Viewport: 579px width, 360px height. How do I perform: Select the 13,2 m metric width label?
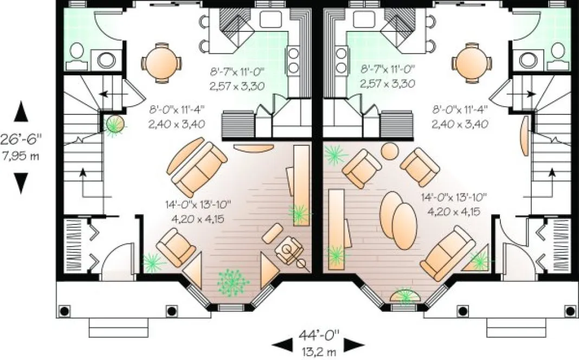(318, 351)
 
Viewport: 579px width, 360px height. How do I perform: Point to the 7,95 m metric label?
(20, 157)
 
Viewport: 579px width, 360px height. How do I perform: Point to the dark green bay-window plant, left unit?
(233, 282)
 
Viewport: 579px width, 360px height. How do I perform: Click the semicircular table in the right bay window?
(406, 296)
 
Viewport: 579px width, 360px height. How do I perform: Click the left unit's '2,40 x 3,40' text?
(176, 124)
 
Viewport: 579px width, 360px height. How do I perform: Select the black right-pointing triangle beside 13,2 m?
(355, 343)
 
